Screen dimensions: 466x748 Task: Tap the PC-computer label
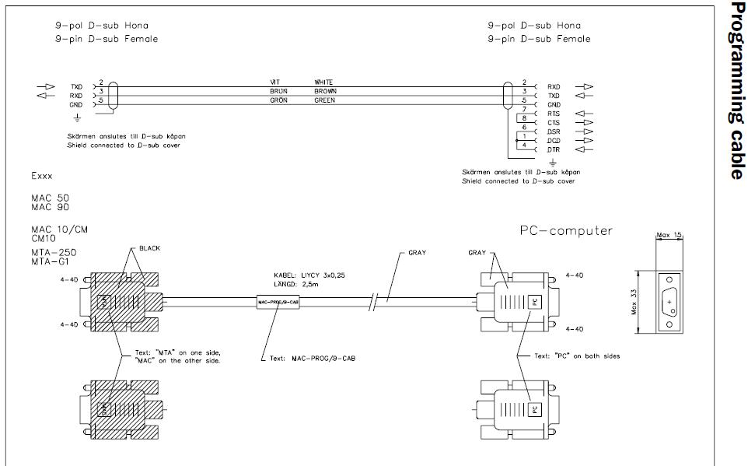coord(565,230)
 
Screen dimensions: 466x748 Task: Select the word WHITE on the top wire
coord(323,82)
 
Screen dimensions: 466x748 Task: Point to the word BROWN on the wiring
coord(325,91)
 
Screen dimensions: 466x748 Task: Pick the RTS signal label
coord(554,114)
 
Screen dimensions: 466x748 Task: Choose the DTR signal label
coord(554,149)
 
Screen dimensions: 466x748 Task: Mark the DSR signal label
coord(554,131)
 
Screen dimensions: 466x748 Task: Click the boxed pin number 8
coord(524,118)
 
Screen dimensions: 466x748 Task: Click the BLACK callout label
coord(149,247)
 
